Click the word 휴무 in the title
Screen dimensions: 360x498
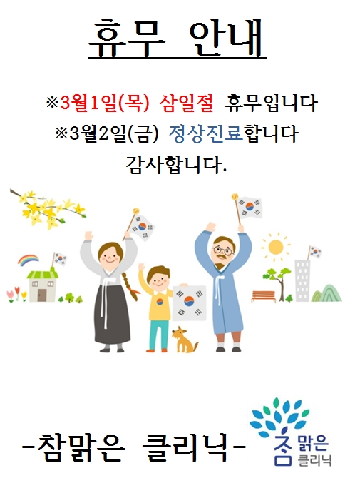click(127, 38)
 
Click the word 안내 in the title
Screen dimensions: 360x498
click(227, 38)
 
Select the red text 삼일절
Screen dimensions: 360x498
click(187, 103)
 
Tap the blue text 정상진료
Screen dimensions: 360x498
click(206, 133)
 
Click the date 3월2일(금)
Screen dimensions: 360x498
click(113, 133)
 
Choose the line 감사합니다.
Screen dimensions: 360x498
click(177, 165)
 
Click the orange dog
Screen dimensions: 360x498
click(185, 340)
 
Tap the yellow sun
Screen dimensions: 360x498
click(275, 247)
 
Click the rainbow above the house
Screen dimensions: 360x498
click(29, 260)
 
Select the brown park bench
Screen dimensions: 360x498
click(264, 297)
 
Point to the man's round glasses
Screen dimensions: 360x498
click(224, 250)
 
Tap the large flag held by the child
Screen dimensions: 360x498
click(189, 301)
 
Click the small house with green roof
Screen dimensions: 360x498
click(43, 284)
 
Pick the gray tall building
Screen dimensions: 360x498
click(302, 280)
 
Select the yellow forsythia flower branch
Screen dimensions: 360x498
click(48, 208)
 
